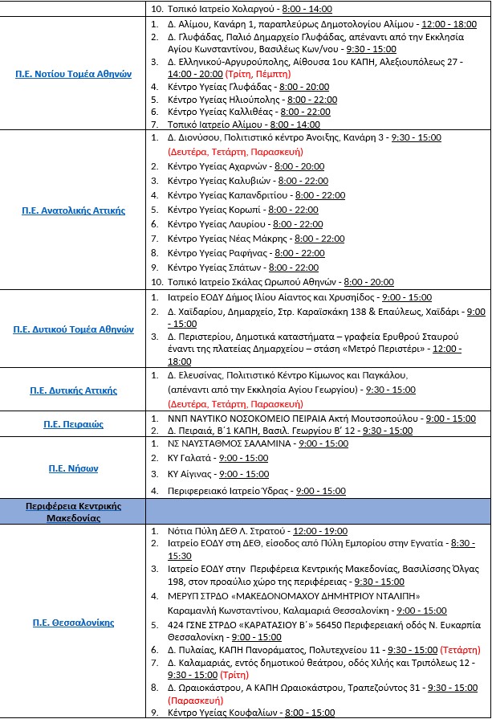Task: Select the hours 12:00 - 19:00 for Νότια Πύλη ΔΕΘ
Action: pyautogui.click(x=320, y=532)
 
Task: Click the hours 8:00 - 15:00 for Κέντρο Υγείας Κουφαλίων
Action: pyautogui.click(x=309, y=713)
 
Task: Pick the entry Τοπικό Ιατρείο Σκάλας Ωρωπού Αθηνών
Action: pyautogui.click(x=253, y=282)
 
